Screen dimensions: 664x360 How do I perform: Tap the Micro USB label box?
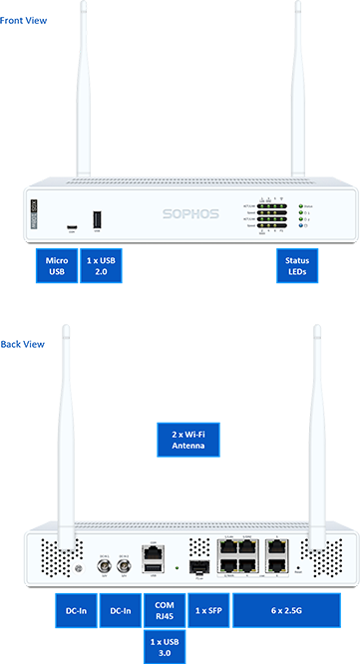point(57,266)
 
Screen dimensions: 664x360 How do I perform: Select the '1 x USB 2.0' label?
point(102,266)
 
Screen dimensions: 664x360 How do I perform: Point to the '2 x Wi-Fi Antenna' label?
point(181,439)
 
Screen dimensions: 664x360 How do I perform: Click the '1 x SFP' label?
point(207,610)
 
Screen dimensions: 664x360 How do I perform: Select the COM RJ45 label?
point(165,610)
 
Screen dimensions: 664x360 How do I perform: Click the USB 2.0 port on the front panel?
point(97,218)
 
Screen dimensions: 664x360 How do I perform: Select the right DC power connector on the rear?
point(124,565)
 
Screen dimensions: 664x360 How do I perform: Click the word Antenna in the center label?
point(181,446)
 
